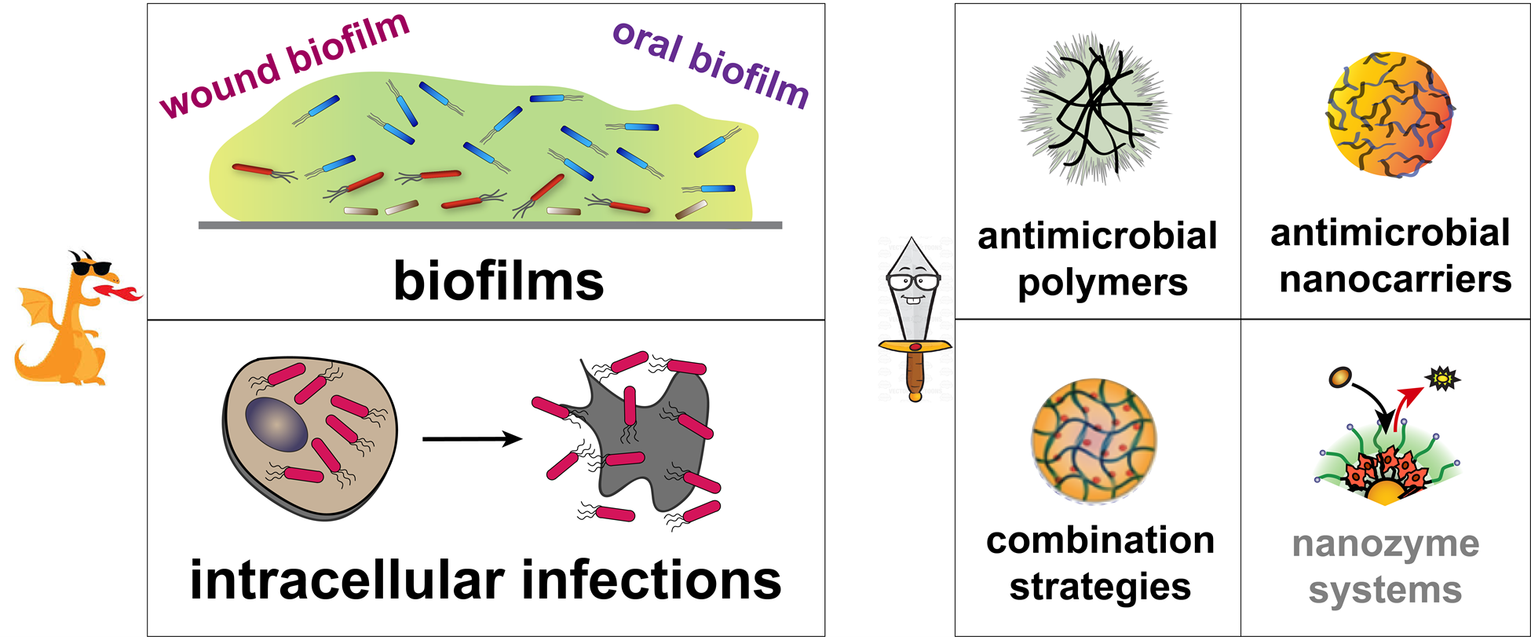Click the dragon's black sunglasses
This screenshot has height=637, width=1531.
click(92, 268)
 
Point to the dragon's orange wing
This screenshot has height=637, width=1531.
click(35, 310)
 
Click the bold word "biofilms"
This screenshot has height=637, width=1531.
click(499, 281)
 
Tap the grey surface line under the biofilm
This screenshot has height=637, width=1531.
click(490, 225)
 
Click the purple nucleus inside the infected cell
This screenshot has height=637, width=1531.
click(276, 424)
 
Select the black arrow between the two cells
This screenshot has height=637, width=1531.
click(472, 439)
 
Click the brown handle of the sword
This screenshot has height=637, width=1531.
click(915, 372)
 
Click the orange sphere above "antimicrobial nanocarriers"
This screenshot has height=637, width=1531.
click(1389, 114)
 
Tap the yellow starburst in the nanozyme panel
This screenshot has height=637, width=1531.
click(1441, 379)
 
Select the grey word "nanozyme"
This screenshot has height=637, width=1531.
click(1386, 544)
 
